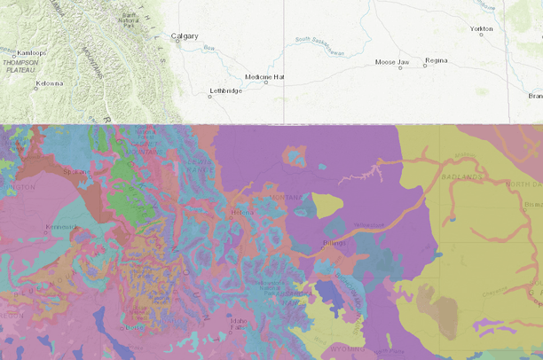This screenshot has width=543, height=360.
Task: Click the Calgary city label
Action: click(185, 36)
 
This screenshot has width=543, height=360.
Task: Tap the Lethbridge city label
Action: click(225, 90)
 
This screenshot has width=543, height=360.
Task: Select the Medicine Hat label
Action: click(264, 77)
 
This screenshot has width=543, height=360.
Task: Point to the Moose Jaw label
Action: click(391, 62)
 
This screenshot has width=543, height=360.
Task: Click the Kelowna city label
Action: click(49, 83)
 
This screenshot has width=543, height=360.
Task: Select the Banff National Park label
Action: click(130, 19)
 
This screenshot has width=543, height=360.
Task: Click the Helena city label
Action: click(241, 212)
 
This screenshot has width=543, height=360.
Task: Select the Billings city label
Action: click(334, 242)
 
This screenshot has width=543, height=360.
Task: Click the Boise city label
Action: click(134, 326)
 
